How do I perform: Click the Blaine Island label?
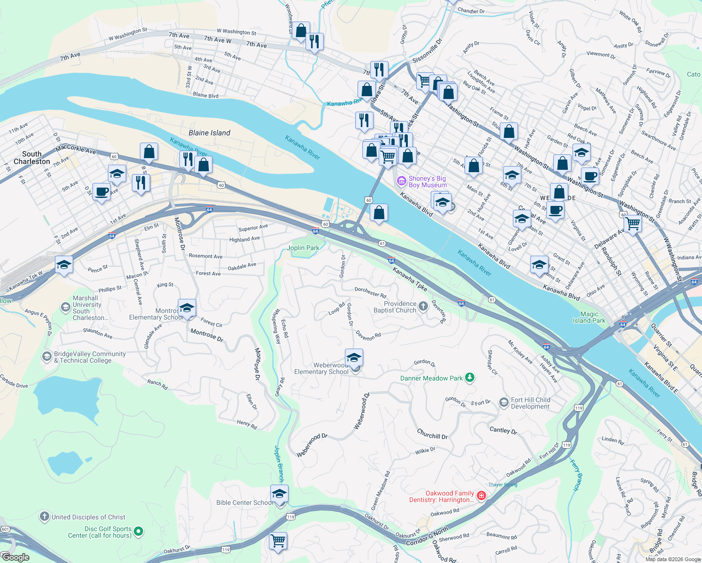coord(209,133)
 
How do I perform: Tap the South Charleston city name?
coord(31,158)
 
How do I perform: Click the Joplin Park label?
coord(303,248)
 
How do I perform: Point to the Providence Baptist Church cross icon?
coord(423,307)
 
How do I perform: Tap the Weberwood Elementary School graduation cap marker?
coord(354,358)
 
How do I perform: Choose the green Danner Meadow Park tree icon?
coord(469,378)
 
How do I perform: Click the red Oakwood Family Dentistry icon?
coord(481,496)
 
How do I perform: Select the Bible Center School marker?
coord(279,494)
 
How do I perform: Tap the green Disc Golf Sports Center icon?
coord(138,532)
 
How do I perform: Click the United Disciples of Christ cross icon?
coord(44,517)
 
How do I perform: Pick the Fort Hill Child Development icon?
coord(504,403)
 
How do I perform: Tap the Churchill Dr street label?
coord(432,435)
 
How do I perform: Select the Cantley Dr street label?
coord(503,430)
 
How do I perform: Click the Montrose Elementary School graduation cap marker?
coord(187,308)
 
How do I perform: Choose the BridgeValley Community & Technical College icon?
coord(46,357)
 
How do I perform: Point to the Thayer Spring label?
coord(503,485)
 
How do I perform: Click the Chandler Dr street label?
coord(471,11)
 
